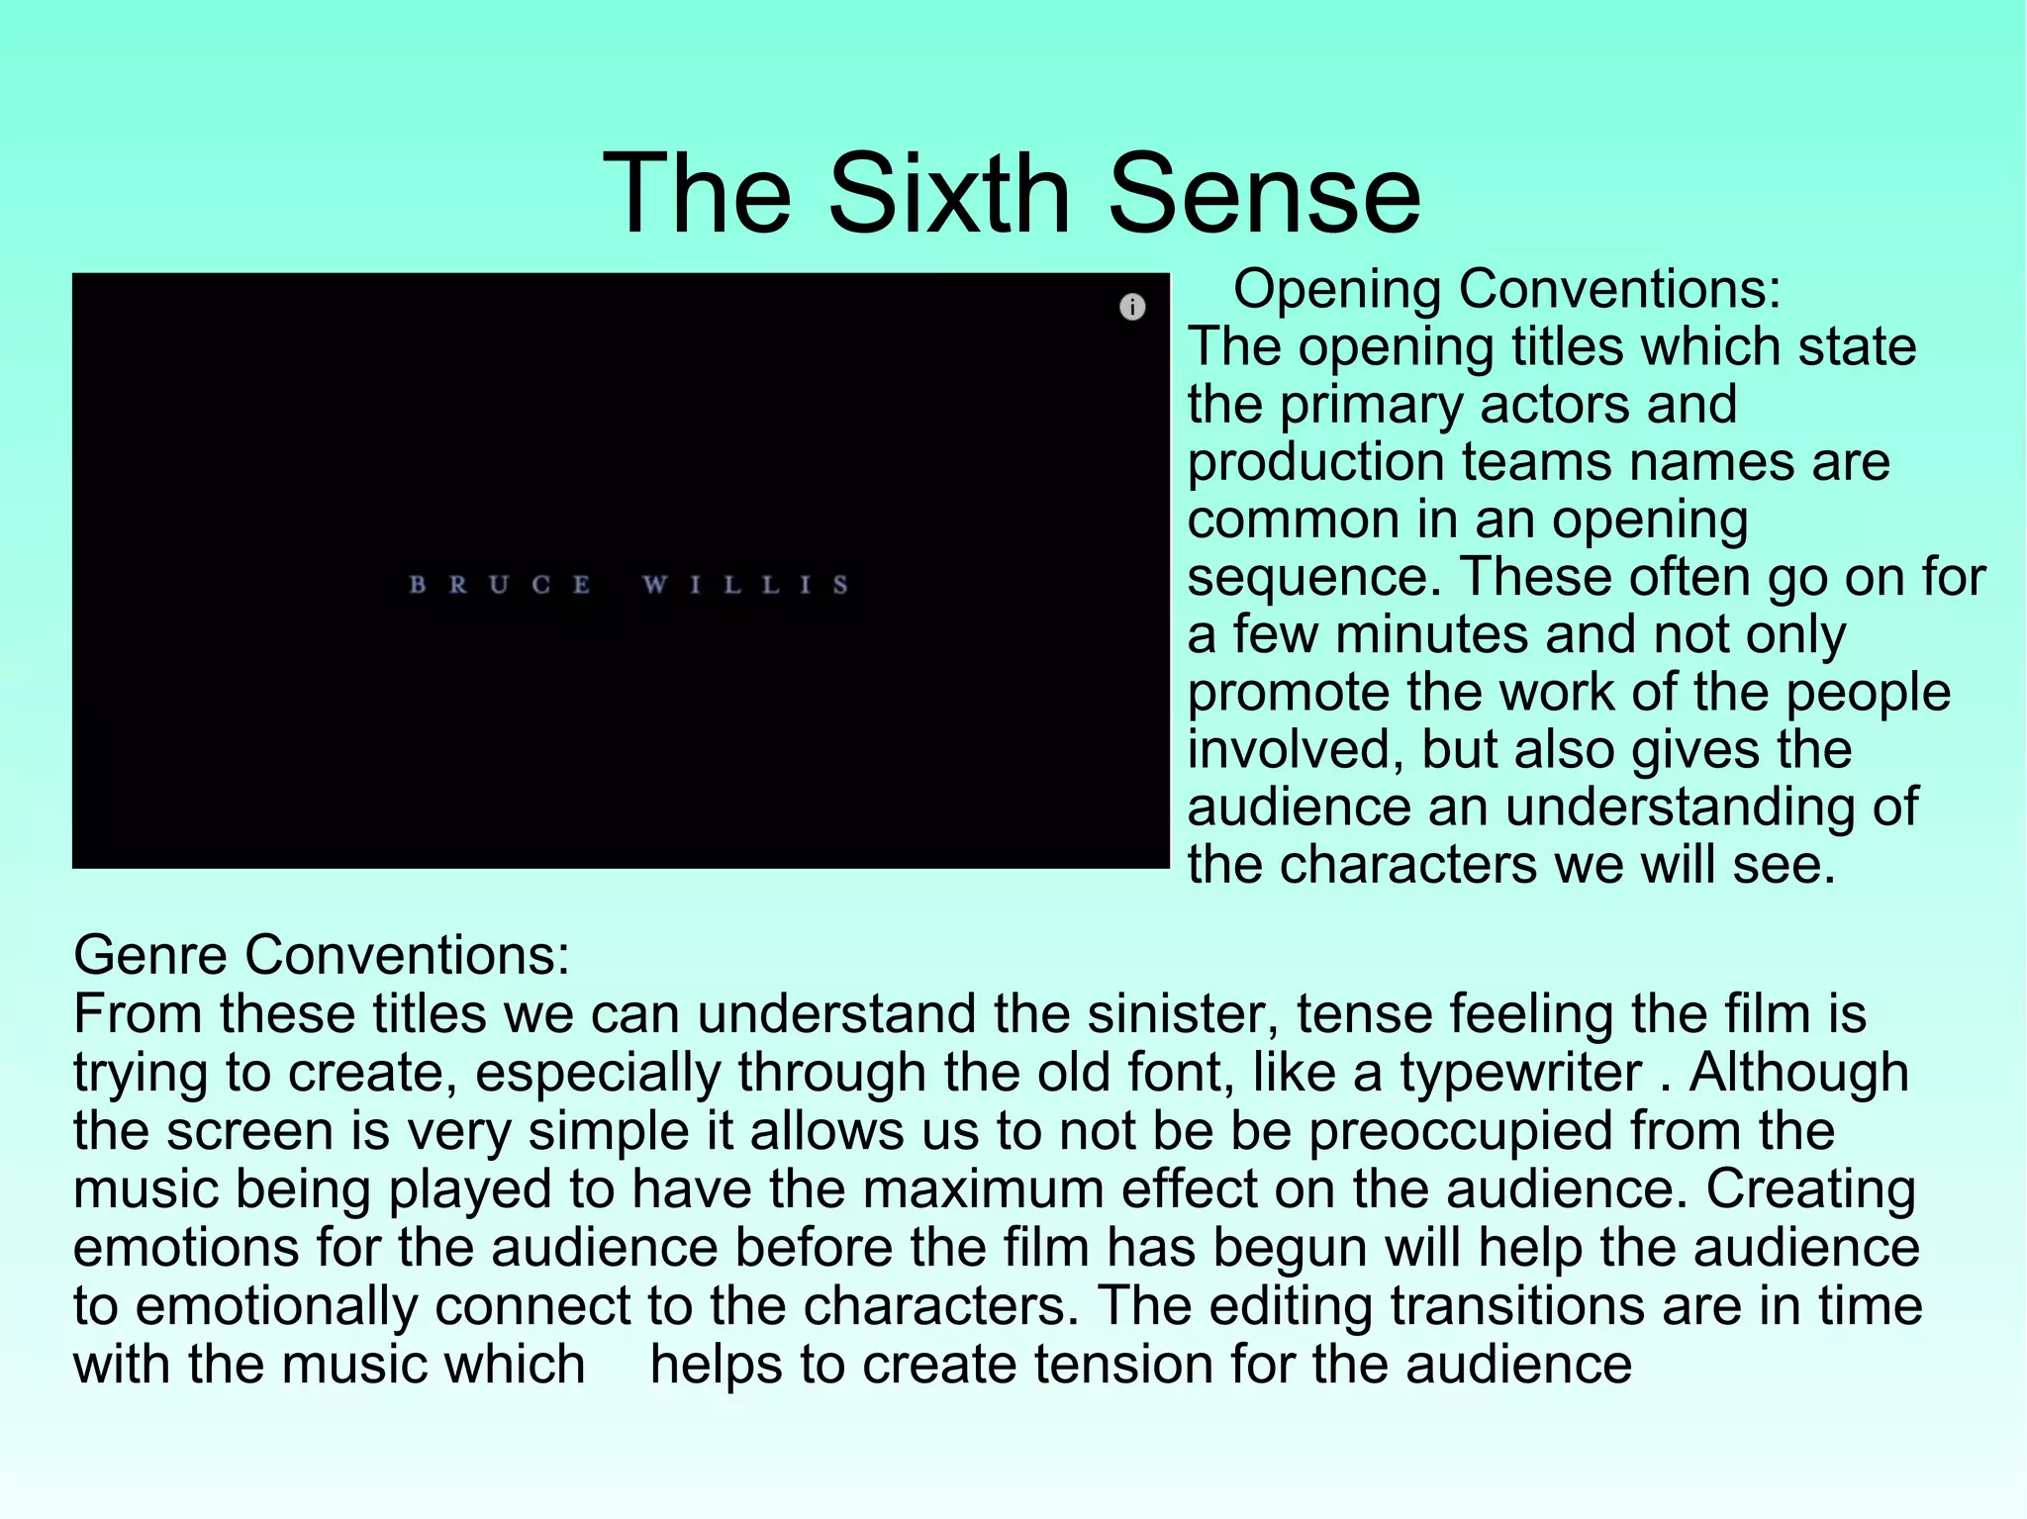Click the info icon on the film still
[1132, 307]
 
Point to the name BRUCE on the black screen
[500, 585]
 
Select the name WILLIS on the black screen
[745, 585]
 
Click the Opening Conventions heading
[1506, 290]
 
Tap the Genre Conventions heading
[322, 955]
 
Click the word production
[1316, 462]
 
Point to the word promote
[1287, 693]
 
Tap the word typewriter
[1520, 1073]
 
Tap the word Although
[1798, 1073]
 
